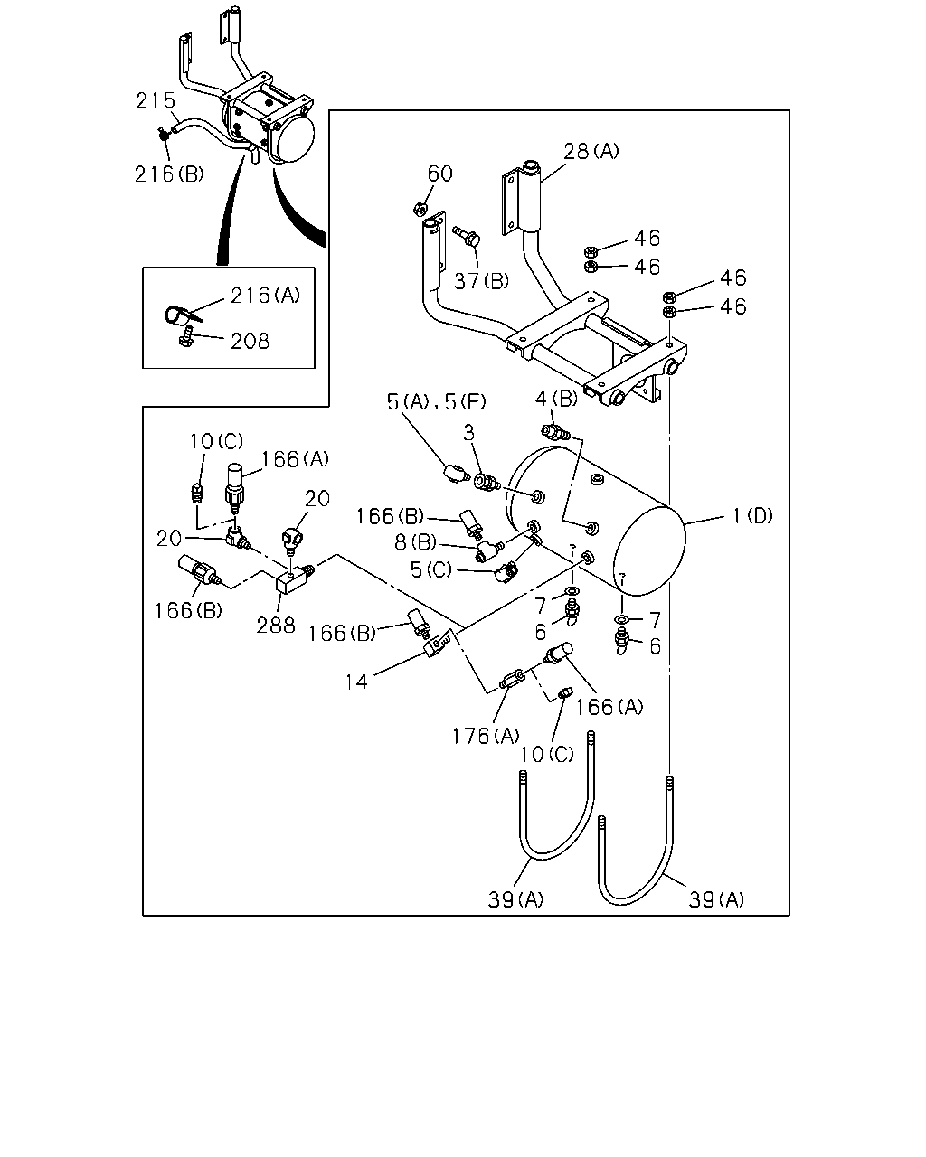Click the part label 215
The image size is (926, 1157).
(155, 100)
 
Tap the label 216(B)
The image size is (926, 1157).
(169, 174)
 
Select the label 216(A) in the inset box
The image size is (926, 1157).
(265, 295)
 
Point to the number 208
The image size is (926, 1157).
(250, 341)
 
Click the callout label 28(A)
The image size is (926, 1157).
(591, 151)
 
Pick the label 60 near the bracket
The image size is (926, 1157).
(439, 174)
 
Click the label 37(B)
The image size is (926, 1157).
(481, 280)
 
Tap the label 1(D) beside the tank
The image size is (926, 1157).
(752, 516)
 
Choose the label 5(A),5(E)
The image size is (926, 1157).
(437, 401)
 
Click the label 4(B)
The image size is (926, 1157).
(556, 399)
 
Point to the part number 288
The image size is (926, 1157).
(276, 626)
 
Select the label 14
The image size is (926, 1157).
(355, 682)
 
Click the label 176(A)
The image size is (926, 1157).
(486, 736)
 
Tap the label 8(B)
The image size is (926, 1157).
(415, 542)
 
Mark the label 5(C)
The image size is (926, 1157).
(431, 569)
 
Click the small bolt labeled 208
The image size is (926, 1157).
(186, 336)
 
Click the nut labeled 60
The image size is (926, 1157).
(420, 208)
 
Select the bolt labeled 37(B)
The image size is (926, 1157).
(467, 236)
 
